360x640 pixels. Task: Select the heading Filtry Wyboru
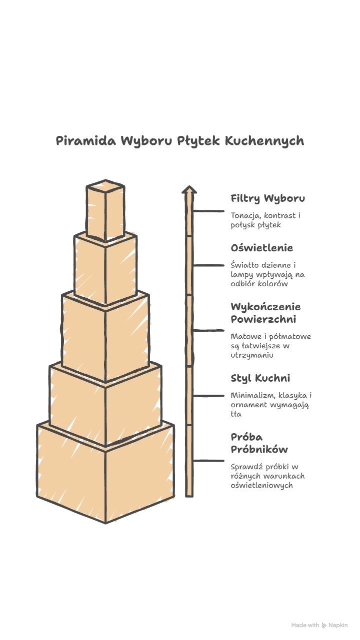pyautogui.click(x=267, y=198)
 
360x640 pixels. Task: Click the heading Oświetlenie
pyautogui.click(x=261, y=248)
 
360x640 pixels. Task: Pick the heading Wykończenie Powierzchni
pyautogui.click(x=265, y=313)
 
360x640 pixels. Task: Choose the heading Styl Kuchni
pyautogui.click(x=260, y=378)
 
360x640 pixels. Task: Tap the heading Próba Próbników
pyautogui.click(x=259, y=443)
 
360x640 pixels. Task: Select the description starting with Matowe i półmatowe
pyautogui.click(x=270, y=346)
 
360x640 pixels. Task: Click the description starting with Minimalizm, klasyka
pyautogui.click(x=271, y=405)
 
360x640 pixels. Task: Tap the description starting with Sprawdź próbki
pyautogui.click(x=267, y=476)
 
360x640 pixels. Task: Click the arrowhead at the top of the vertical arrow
pyautogui.click(x=189, y=189)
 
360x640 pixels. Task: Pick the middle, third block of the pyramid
pyautogui.click(x=105, y=337)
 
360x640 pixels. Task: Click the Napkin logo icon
pyautogui.click(x=324, y=625)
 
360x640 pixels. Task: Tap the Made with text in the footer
pyautogui.click(x=305, y=625)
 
